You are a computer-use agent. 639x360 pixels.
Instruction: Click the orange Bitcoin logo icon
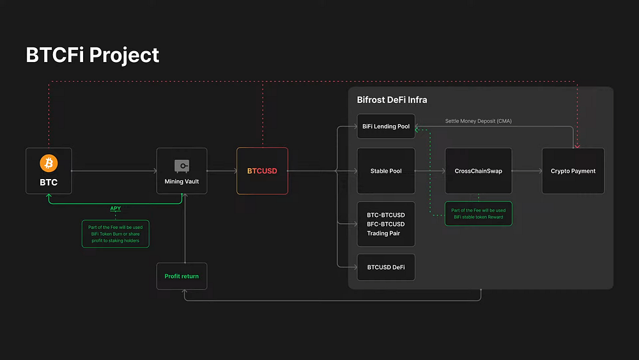click(x=49, y=163)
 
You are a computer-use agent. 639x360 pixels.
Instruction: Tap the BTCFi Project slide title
click(x=93, y=55)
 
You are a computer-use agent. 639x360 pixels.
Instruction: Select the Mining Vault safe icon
click(x=181, y=166)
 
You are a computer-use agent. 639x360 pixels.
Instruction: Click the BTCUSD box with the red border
click(x=262, y=171)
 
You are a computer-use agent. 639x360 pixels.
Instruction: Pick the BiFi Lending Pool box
click(x=386, y=127)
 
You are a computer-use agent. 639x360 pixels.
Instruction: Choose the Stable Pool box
click(x=386, y=171)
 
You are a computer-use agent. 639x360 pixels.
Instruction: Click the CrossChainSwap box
click(x=479, y=171)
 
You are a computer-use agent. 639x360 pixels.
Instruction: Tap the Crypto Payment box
click(x=573, y=171)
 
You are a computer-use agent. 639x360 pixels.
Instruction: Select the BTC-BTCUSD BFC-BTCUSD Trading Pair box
click(x=386, y=224)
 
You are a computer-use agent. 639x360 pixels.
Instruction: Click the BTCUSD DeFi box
click(x=386, y=267)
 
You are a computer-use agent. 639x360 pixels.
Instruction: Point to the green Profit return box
click(x=181, y=276)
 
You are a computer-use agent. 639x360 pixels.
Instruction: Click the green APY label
click(x=115, y=208)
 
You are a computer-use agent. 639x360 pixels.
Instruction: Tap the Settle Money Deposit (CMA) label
click(x=479, y=121)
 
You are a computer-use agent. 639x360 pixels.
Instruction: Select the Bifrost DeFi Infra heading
click(x=392, y=100)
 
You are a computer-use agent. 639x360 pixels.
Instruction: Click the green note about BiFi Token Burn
click(x=115, y=234)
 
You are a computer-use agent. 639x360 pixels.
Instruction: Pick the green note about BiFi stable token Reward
click(x=479, y=214)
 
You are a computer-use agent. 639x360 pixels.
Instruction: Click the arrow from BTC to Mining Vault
click(x=114, y=171)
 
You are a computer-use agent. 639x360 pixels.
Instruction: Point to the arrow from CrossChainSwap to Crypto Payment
click(x=527, y=171)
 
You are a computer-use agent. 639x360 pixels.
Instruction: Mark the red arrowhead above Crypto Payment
click(x=577, y=146)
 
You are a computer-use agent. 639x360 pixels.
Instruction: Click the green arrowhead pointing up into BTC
click(x=49, y=196)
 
